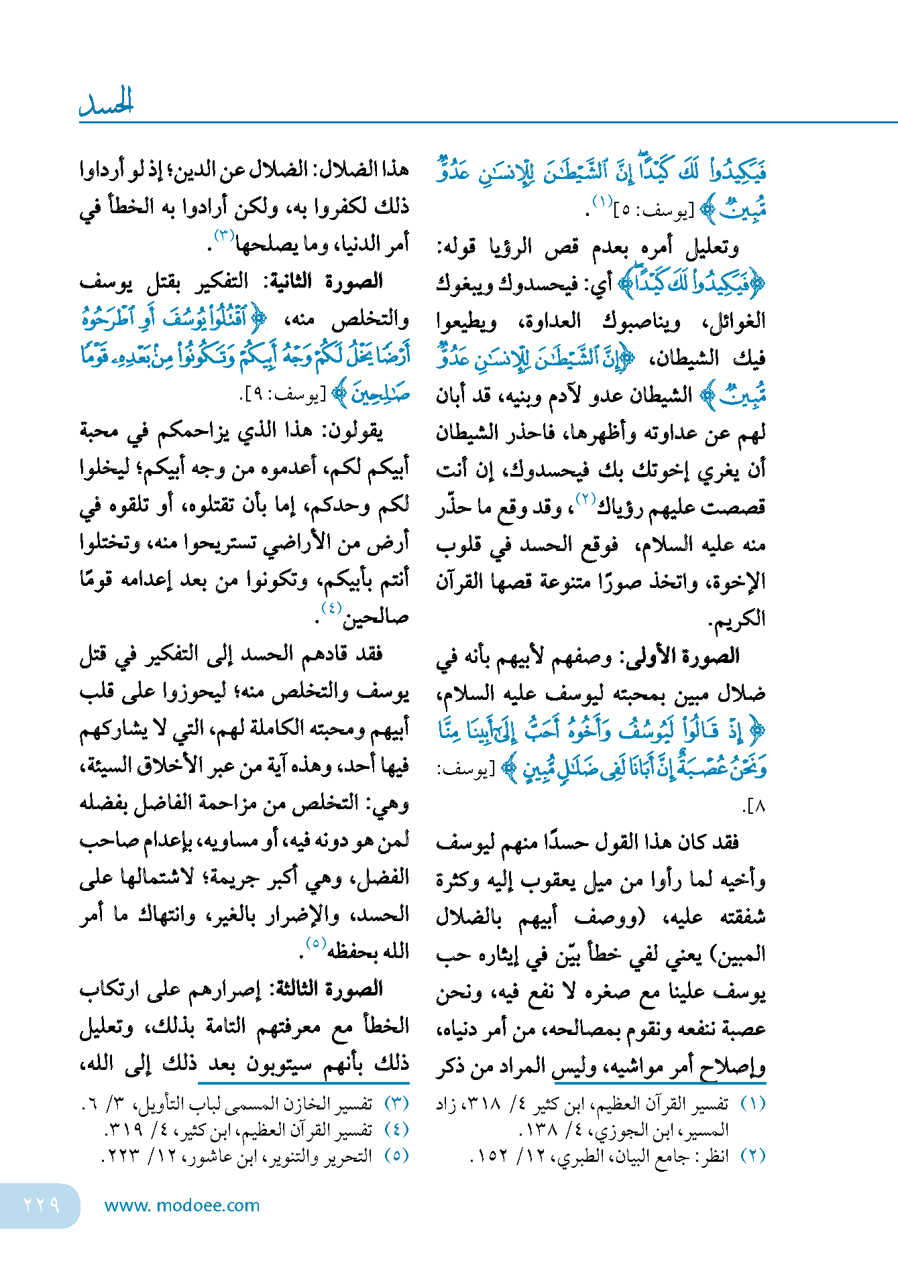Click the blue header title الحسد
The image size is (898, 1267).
pos(107,102)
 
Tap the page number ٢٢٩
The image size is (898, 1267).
pos(42,1205)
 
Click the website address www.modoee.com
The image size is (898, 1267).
pos(182,1205)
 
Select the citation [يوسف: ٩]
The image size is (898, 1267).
pos(282,395)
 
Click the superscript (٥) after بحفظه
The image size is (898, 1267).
pos(316,943)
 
